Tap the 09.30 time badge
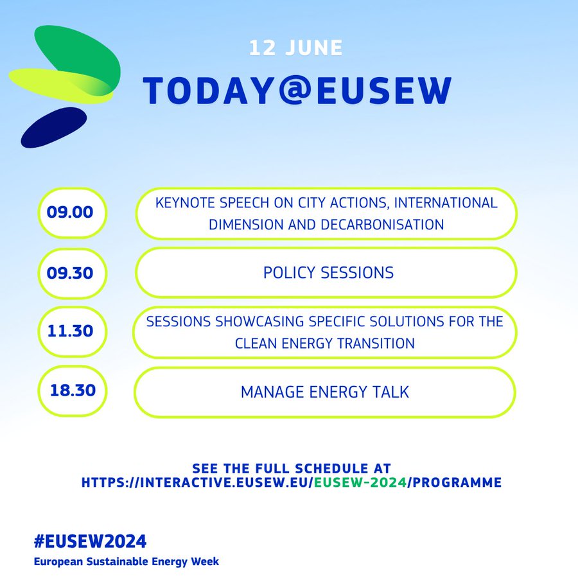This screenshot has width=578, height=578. coord(70,273)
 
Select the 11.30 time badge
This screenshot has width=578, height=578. coord(70,332)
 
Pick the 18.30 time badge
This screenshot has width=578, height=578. coord(73,391)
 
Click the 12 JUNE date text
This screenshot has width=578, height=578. coord(296,48)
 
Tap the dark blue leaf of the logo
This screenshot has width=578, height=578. coord(53,127)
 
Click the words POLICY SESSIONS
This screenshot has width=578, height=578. coord(328,273)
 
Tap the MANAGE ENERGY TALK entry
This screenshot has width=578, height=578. coord(324,392)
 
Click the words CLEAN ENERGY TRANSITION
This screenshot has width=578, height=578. coord(324,344)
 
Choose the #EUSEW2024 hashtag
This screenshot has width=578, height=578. coord(94,540)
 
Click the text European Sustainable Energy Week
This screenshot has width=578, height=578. coord(127,561)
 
